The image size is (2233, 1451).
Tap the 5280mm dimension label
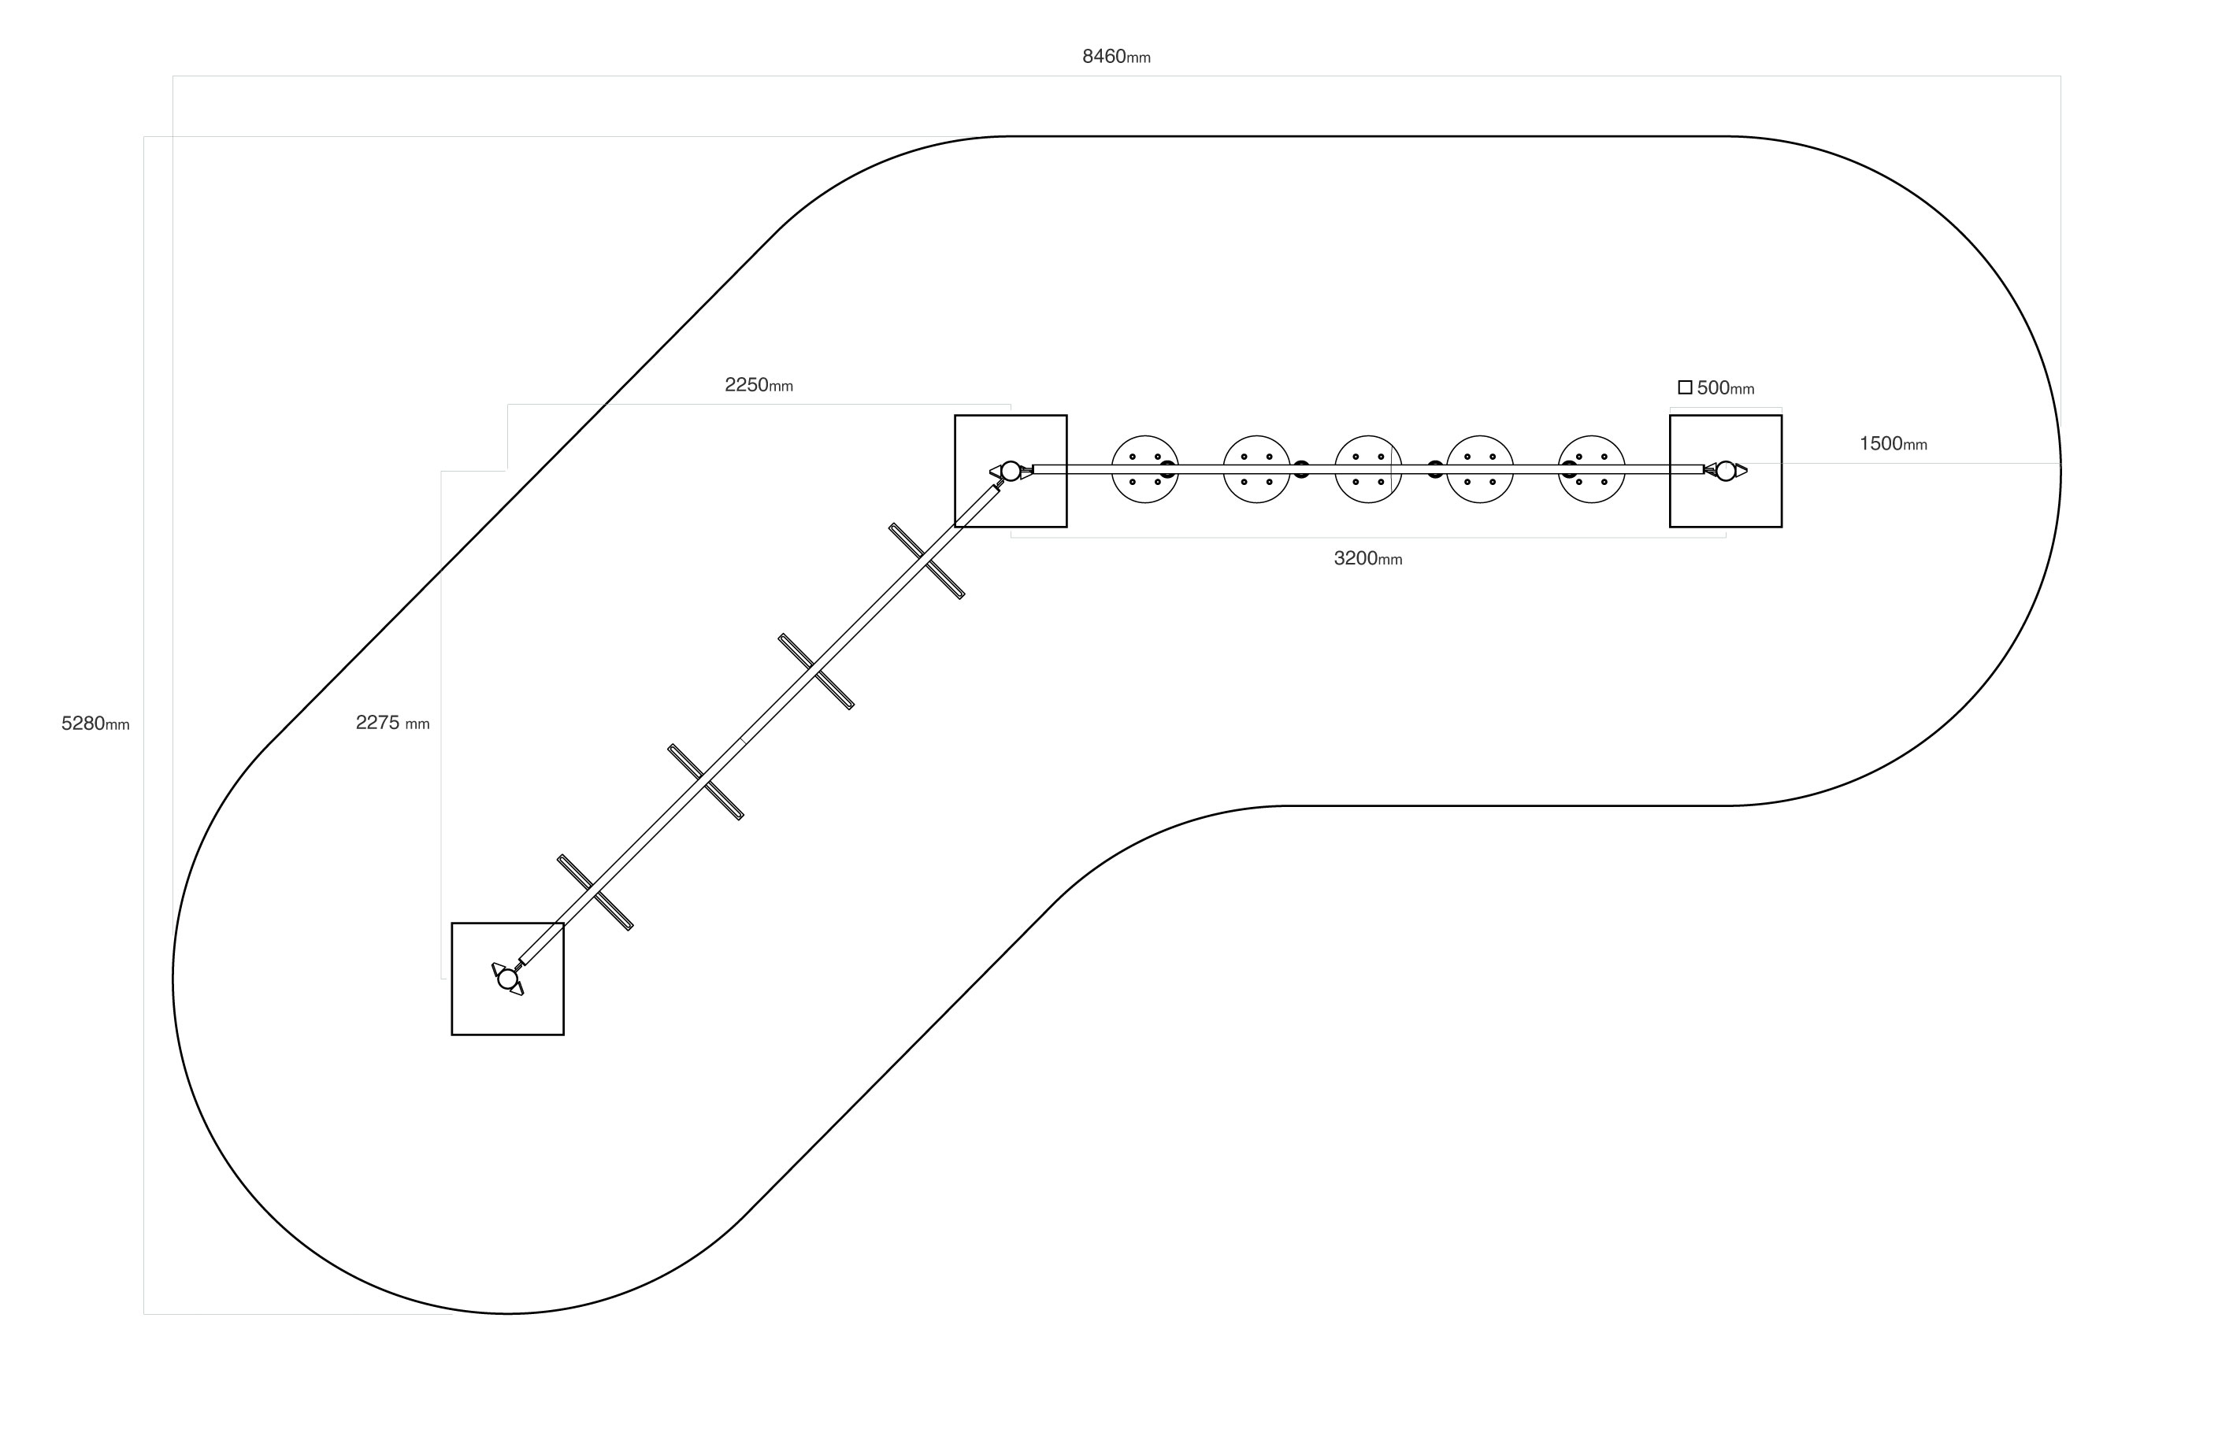[95, 724]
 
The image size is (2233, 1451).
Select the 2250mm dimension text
[758, 384]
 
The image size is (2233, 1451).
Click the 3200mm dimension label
[1367, 558]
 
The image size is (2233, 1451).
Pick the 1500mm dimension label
[1893, 444]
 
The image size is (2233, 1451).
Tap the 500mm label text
[1724, 387]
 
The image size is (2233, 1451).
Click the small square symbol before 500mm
[1684, 387]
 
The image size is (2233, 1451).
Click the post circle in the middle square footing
[1011, 471]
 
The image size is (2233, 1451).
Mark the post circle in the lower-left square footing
[507, 979]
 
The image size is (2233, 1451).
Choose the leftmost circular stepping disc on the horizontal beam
[1144, 469]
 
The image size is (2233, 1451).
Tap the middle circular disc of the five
[1368, 469]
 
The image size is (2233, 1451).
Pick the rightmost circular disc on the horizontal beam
[1591, 469]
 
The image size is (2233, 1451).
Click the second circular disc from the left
[1256, 469]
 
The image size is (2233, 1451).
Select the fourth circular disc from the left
[1479, 469]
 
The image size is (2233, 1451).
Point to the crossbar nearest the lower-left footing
[595, 892]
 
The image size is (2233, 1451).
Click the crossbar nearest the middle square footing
[926, 561]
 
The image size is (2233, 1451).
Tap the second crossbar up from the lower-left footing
[706, 783]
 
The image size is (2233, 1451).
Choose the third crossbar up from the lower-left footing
[815, 672]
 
